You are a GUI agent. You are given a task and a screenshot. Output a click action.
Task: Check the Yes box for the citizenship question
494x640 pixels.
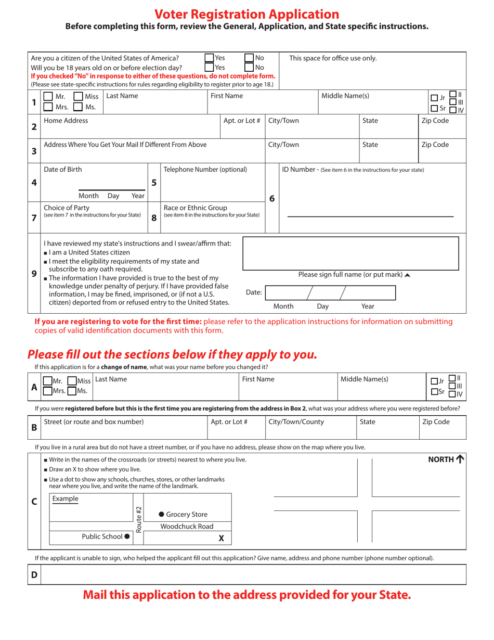[209, 58]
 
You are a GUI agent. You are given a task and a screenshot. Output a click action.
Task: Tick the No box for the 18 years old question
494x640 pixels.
[249, 67]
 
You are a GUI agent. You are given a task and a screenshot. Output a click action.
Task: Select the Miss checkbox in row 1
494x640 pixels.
[78, 96]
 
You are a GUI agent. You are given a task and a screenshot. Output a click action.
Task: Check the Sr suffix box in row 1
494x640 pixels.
[434, 108]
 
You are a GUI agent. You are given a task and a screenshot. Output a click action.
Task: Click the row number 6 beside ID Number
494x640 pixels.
[271, 198]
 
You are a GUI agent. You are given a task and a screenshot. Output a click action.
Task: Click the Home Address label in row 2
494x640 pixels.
[66, 121]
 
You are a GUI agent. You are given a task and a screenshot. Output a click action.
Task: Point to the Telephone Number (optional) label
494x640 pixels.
[205, 169]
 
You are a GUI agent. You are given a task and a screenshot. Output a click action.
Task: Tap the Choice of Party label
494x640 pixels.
[66, 208]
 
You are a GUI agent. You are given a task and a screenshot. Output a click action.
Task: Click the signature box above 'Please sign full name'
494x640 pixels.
[350, 253]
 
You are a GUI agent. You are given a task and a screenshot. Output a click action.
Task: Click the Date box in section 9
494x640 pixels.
[330, 293]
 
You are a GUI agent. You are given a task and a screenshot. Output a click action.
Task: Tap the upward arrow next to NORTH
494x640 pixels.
[460, 459]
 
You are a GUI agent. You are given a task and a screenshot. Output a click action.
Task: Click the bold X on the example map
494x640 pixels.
[221, 539]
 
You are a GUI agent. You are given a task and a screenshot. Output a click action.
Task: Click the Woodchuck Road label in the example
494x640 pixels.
[187, 526]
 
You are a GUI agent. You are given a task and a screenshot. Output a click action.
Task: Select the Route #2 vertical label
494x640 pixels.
[138, 519]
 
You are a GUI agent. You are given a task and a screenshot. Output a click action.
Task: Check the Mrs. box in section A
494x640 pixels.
[47, 391]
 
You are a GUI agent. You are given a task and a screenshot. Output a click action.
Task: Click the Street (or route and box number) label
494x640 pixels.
[94, 421]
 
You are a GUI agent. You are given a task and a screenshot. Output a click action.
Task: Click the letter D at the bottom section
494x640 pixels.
[34, 575]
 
